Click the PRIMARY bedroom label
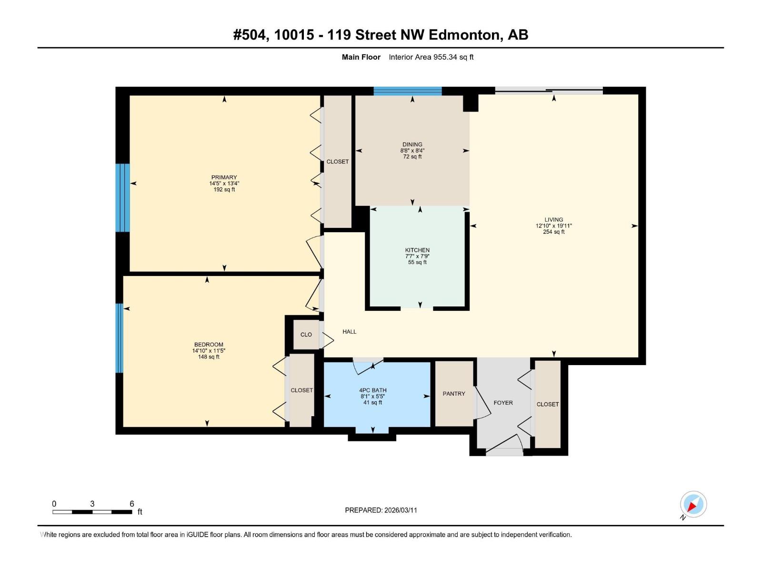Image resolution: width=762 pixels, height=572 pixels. tap(224, 177)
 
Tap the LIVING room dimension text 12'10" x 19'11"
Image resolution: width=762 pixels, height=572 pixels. tap(553, 226)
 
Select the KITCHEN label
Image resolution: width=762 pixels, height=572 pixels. tap(417, 250)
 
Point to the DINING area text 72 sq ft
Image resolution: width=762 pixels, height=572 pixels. tap(412, 157)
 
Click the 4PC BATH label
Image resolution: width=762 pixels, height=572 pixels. tap(373, 390)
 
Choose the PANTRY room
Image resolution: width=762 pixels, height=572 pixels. tap(454, 394)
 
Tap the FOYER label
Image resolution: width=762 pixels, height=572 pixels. tap(503, 403)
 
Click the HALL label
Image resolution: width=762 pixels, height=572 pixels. tap(349, 332)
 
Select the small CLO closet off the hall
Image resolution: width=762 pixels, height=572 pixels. tap(306, 335)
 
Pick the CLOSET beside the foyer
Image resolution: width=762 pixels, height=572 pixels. tap(548, 404)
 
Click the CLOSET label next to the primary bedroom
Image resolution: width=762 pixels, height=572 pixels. tap(337, 162)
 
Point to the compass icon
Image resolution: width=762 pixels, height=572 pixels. tap(693, 504)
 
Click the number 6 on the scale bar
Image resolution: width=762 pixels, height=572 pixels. tap(132, 504)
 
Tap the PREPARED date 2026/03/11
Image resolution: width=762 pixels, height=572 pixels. tap(400, 510)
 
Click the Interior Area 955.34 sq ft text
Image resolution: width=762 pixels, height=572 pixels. tap(431, 57)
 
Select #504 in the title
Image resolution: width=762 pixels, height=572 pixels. tap(251, 35)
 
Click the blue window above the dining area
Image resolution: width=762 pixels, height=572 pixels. tap(408, 91)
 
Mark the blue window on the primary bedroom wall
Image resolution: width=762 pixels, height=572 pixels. tap(123, 198)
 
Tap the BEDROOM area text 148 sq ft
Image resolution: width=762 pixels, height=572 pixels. tap(209, 357)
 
